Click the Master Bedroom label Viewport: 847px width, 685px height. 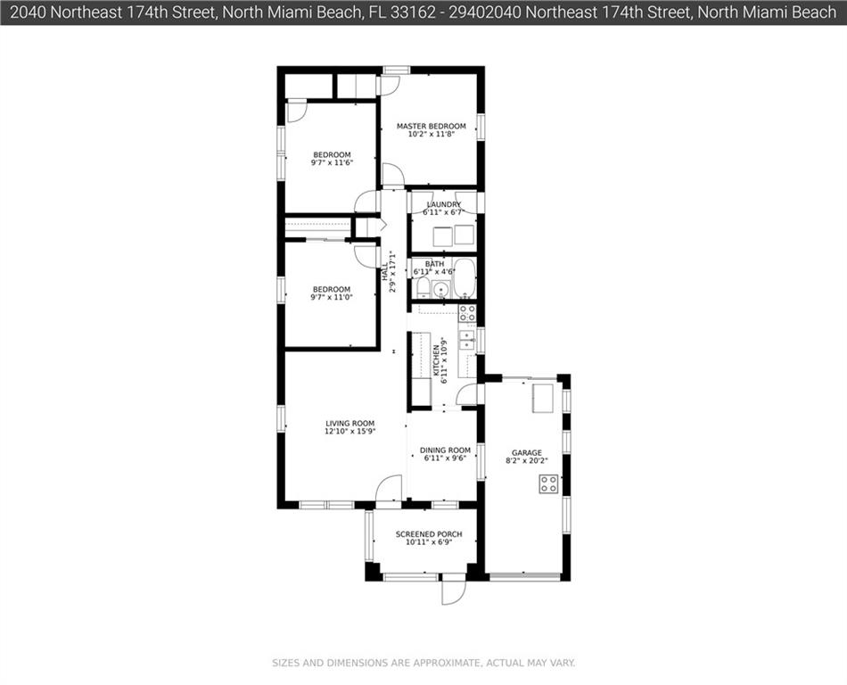click(431, 126)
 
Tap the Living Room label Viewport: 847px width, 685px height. click(350, 424)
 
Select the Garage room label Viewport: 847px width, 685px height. click(527, 453)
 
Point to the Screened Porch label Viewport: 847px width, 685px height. click(429, 534)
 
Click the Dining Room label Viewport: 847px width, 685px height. click(445, 450)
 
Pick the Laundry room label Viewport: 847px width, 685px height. click(443, 204)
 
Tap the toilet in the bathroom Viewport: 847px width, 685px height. click(423, 287)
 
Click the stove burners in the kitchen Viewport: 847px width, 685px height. click(467, 313)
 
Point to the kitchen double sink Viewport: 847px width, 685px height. click(466, 340)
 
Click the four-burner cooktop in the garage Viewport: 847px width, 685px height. click(549, 483)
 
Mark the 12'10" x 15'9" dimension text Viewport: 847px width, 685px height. click(350, 431)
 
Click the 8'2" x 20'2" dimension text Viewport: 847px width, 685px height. click(527, 461)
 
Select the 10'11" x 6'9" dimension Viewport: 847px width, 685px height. click(429, 541)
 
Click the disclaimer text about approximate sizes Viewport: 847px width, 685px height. click(423, 663)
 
